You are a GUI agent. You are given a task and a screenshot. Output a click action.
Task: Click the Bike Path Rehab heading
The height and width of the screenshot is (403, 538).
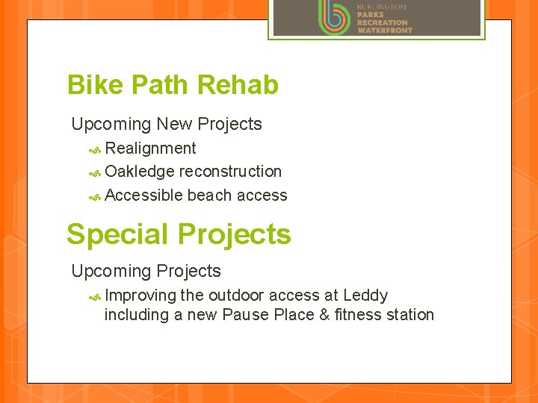coord(173,85)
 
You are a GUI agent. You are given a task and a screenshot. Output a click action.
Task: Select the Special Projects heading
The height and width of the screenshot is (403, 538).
coord(179,234)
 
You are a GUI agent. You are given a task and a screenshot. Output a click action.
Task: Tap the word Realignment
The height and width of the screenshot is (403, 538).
coord(150,149)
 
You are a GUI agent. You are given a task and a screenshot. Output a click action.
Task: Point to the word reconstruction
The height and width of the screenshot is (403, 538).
coord(230,172)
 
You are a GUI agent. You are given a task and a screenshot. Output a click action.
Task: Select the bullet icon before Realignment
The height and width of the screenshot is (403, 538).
coord(95,149)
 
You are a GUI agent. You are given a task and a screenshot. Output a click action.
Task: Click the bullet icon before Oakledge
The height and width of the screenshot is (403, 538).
coord(95,172)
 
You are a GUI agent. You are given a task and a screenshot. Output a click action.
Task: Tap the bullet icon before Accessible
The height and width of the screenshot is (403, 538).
coord(95,196)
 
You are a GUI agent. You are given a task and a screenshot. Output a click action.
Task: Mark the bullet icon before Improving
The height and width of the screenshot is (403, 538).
coord(95,296)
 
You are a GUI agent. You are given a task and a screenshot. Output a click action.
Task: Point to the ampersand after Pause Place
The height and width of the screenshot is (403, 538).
coord(324,315)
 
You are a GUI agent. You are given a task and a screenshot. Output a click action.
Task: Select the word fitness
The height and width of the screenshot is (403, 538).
coord(358,315)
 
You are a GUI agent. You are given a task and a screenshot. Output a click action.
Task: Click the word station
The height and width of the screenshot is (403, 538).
coord(410,315)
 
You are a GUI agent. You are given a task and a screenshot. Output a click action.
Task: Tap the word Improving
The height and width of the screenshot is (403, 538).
coord(140,296)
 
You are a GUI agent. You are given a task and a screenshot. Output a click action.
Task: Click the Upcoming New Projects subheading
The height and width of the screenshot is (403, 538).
coord(167,124)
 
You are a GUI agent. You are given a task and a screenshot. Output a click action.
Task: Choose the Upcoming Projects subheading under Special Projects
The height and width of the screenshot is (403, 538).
coord(146,271)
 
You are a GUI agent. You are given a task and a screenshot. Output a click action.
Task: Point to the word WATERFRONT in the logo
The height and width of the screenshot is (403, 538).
coord(384,31)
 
